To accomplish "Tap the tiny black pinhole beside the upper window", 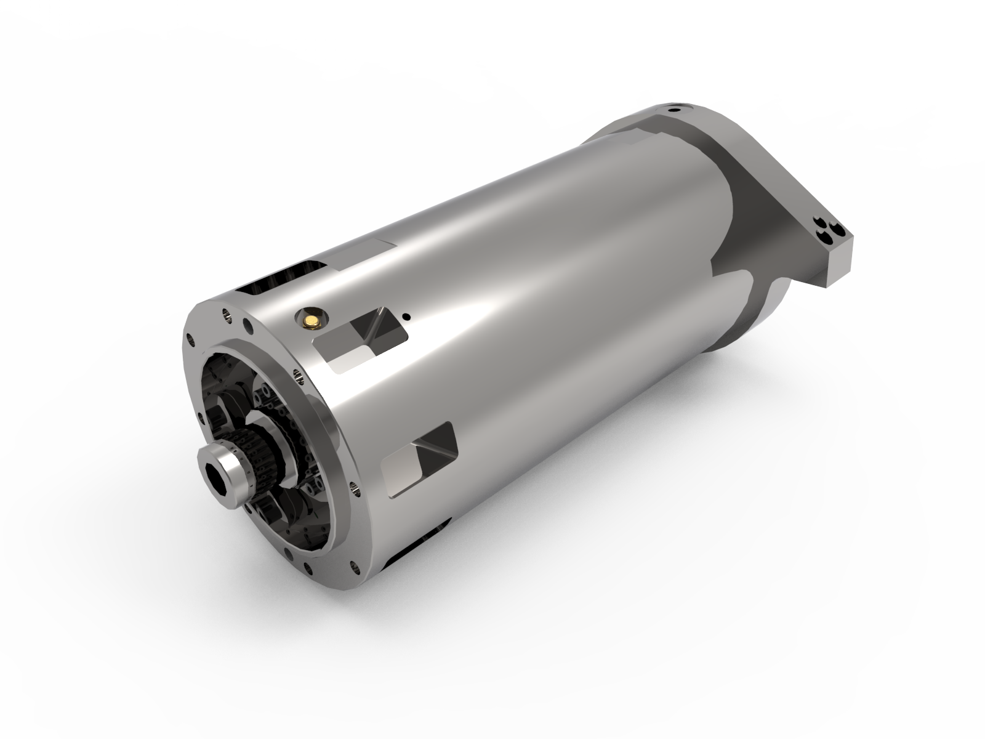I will click(406, 317).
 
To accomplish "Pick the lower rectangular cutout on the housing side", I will click(419, 459).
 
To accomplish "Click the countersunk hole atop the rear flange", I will click(677, 111).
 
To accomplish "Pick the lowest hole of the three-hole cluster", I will click(827, 235).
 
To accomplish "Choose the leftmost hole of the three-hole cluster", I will click(818, 222).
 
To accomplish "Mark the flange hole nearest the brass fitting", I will click(247, 323).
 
